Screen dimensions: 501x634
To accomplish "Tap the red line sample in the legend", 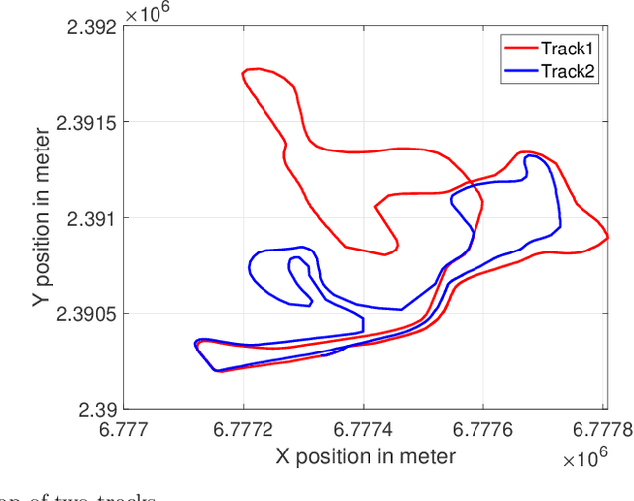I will click(519, 48).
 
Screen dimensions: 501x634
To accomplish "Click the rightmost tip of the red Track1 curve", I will click(607, 238).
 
